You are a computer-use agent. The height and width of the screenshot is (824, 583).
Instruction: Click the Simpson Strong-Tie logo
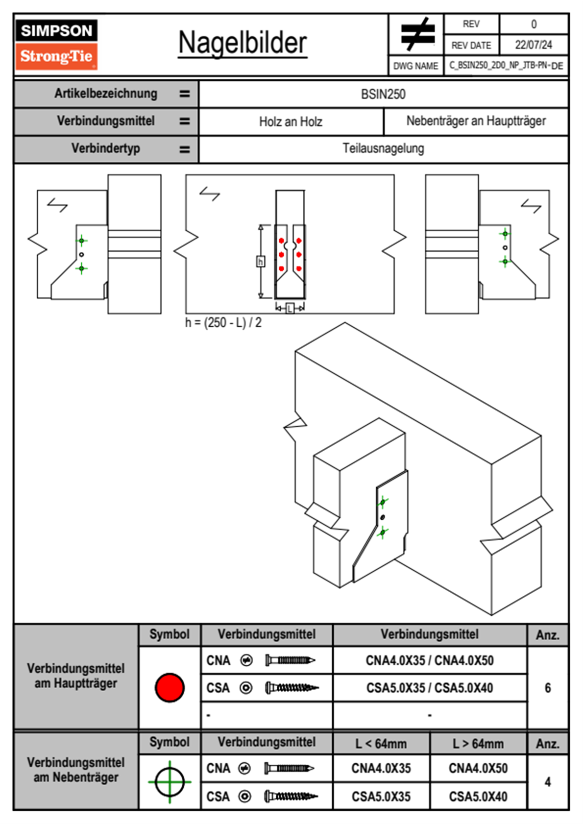(x=56, y=44)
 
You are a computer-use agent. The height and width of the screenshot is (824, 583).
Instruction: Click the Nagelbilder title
(x=243, y=43)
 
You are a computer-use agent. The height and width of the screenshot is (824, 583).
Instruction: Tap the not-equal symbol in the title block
(x=417, y=34)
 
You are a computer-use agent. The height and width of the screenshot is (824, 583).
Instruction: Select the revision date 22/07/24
(x=533, y=45)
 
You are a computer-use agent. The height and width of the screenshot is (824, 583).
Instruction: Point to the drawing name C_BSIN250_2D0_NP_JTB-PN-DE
(x=506, y=65)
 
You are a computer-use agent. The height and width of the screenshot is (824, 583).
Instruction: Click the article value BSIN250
(x=383, y=94)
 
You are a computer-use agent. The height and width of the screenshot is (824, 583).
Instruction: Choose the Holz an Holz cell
(x=291, y=121)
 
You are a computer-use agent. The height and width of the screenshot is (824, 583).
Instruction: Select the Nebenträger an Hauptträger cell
(x=476, y=121)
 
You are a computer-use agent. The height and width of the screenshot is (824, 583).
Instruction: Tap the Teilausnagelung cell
(x=383, y=148)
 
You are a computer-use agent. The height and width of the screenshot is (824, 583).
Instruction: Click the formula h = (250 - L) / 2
(x=223, y=323)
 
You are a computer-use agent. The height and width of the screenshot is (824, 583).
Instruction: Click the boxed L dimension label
(x=290, y=308)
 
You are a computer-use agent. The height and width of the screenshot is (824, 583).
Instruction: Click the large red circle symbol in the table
(x=170, y=687)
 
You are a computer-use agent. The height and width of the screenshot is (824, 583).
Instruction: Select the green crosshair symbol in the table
(x=170, y=782)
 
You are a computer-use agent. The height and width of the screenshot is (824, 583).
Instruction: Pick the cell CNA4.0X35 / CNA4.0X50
(x=430, y=660)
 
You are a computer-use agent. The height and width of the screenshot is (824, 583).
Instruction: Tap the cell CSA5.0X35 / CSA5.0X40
(x=430, y=688)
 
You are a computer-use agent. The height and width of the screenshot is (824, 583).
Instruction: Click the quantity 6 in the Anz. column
(x=548, y=688)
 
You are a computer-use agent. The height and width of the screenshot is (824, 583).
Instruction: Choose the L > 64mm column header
(x=478, y=744)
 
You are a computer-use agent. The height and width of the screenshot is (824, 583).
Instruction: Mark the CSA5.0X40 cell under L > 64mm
(x=478, y=797)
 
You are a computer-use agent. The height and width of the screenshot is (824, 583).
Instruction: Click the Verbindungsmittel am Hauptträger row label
(x=76, y=676)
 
